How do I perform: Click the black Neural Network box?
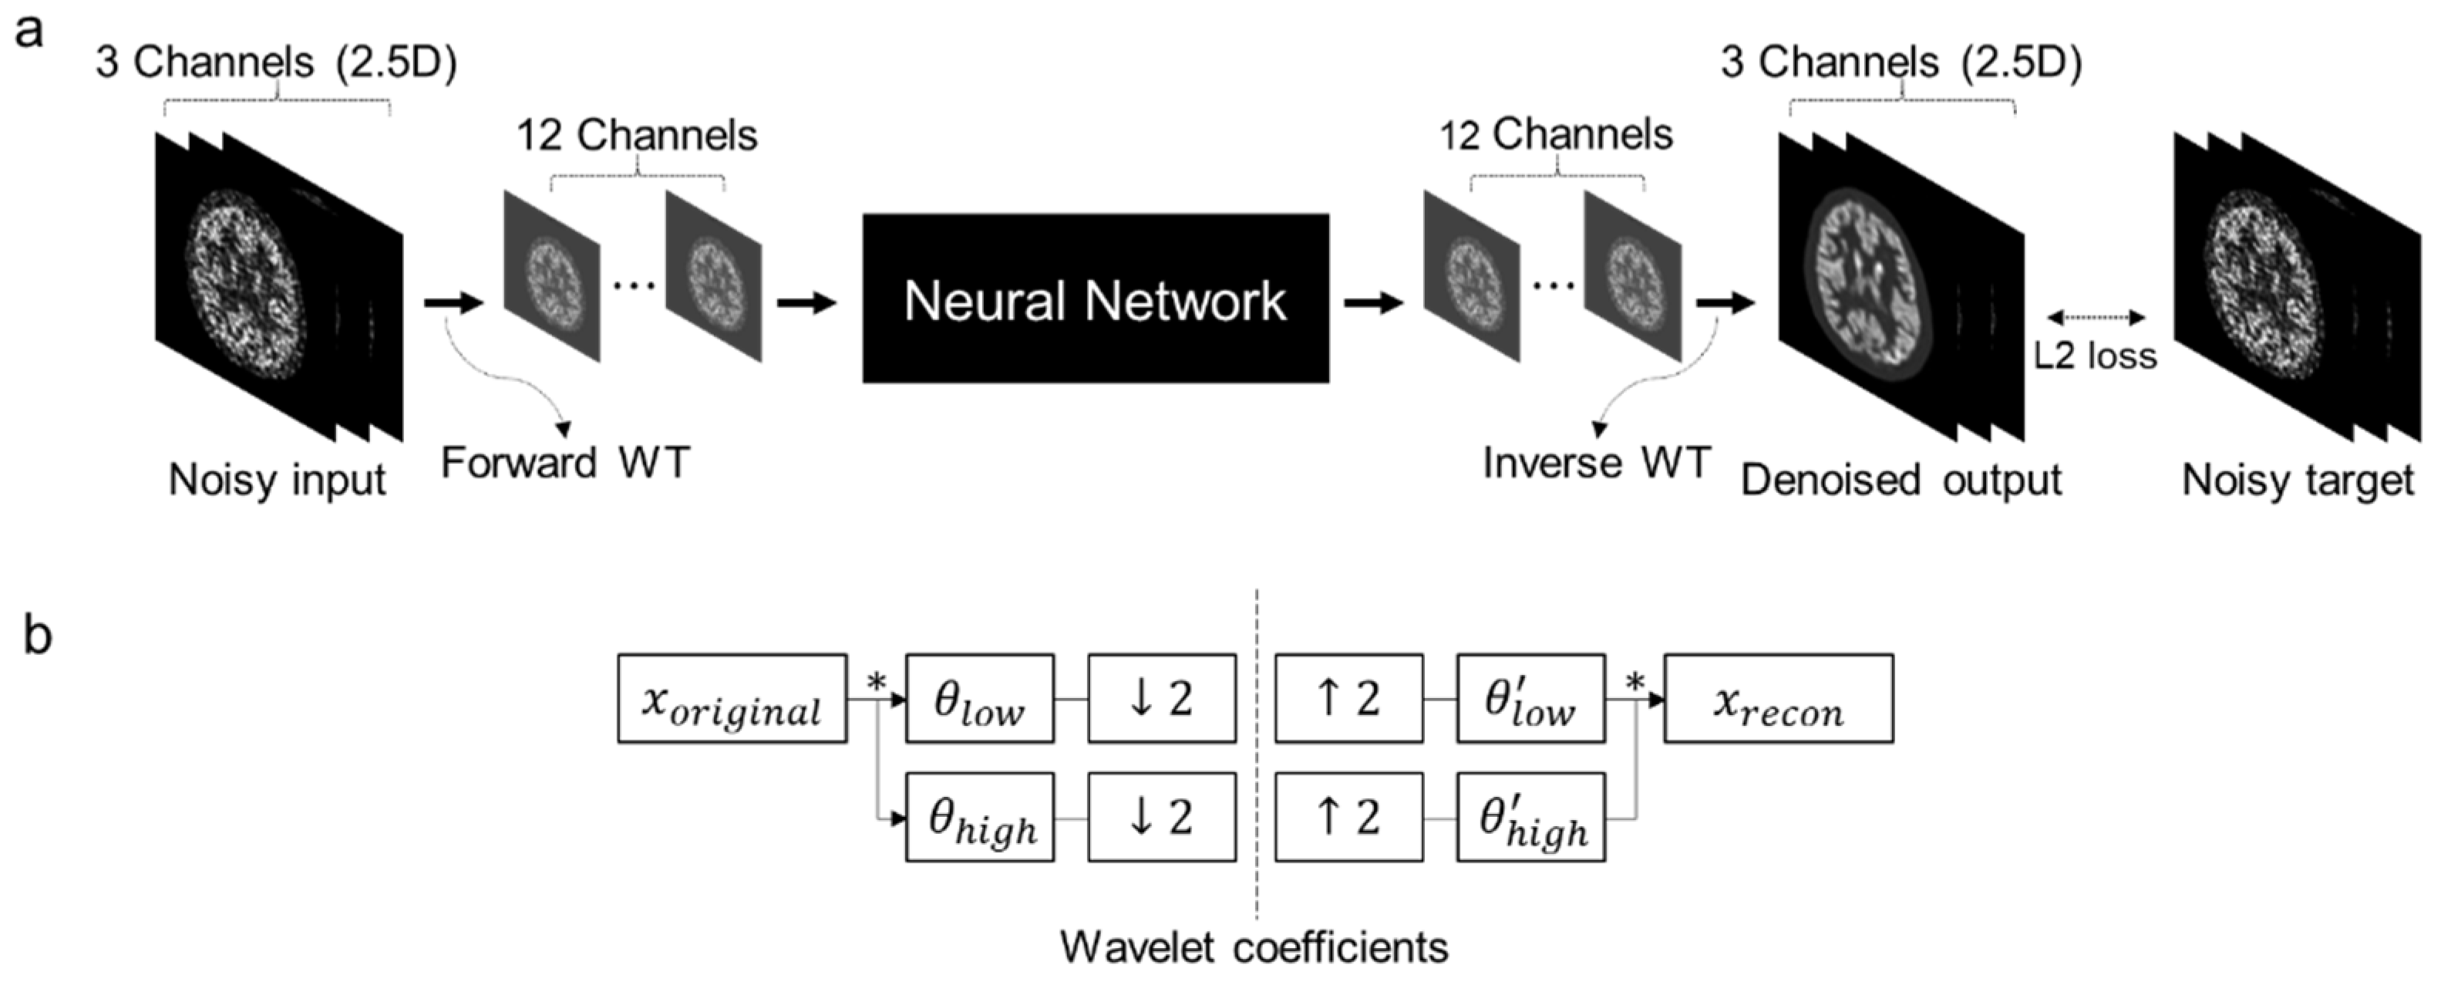[1096, 299]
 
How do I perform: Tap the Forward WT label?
[566, 464]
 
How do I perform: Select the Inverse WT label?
[1596, 464]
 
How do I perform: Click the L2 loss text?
[2095, 356]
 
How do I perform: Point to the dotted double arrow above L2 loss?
[2095, 319]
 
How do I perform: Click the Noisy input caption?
[277, 481]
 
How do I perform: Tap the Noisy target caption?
[2297, 481]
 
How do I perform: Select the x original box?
[732, 699]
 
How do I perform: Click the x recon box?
[1778, 699]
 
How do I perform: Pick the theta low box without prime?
[979, 699]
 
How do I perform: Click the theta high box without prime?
[979, 817]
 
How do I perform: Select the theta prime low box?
[1530, 699]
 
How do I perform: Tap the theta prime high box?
[1530, 817]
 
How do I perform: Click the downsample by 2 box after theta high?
[1161, 817]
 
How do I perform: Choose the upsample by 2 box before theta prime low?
[1348, 699]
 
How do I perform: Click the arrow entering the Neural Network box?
[806, 303]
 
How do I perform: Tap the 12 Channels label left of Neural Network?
[637, 136]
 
